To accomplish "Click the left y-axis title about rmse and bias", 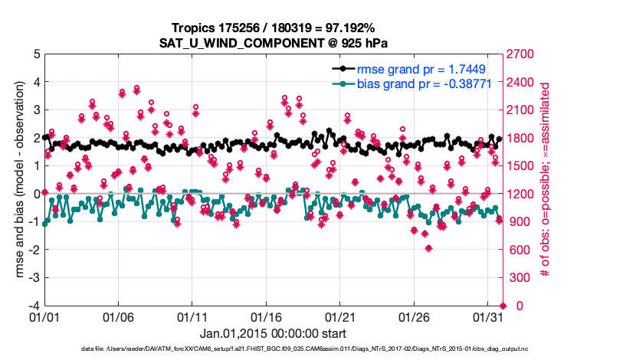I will click(x=12, y=179).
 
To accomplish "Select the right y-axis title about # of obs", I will click(x=546, y=179).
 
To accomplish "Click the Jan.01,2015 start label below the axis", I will click(x=273, y=333).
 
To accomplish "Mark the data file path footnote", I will click(x=319, y=350).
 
